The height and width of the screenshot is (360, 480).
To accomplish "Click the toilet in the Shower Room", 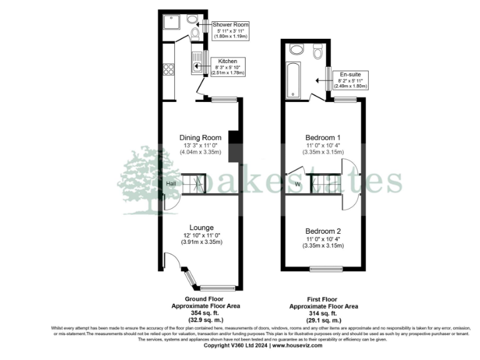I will (x=194, y=33).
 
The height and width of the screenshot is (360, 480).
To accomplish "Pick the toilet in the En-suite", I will (x=317, y=54).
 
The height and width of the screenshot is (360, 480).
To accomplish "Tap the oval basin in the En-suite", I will (x=296, y=49).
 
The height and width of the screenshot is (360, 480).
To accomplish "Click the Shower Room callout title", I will (x=231, y=24).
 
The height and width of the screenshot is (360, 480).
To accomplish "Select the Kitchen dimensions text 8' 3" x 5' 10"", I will (x=228, y=67).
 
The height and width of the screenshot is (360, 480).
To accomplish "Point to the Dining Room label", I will (x=201, y=137).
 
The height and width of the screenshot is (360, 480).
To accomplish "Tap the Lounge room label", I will (x=202, y=227).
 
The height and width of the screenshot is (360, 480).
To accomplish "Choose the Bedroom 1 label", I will (x=322, y=137).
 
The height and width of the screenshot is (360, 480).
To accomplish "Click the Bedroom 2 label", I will (x=322, y=231).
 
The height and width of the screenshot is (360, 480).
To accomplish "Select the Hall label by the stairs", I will (x=171, y=184).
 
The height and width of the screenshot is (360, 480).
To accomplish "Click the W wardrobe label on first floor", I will (x=297, y=184).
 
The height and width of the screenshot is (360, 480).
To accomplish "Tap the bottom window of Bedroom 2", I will (x=326, y=269).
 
